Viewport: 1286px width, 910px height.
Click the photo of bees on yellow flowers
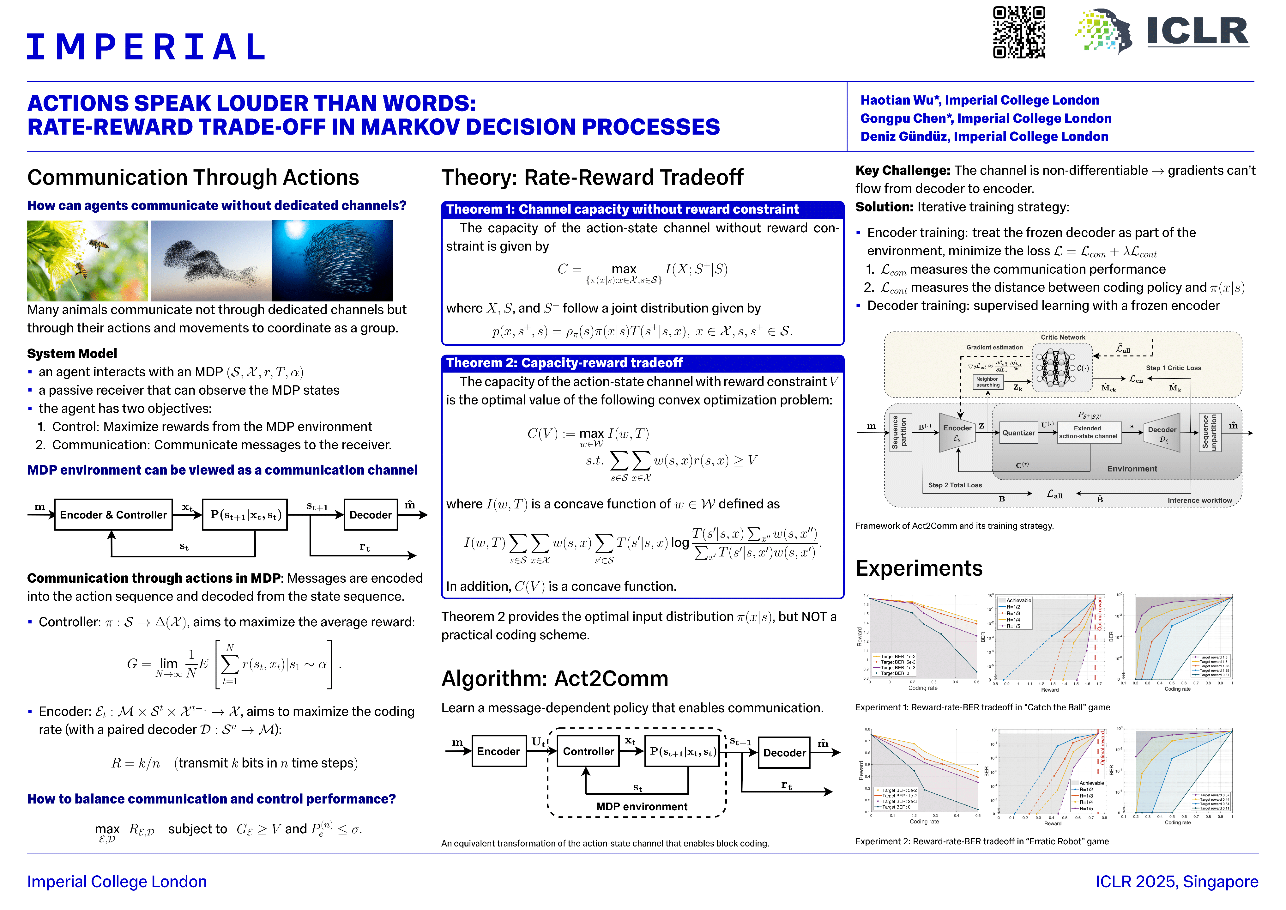[88, 261]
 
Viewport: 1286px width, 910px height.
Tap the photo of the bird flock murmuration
[211, 261]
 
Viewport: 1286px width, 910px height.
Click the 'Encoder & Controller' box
[113, 515]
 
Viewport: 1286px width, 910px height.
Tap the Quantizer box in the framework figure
[1018, 433]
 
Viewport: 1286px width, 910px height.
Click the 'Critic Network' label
[1063, 337]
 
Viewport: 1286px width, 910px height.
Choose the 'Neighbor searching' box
[987, 382]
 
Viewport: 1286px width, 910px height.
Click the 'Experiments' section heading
[919, 568]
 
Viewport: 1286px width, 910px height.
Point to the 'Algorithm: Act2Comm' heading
[554, 679]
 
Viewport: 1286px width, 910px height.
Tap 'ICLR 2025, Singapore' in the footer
[1176, 882]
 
